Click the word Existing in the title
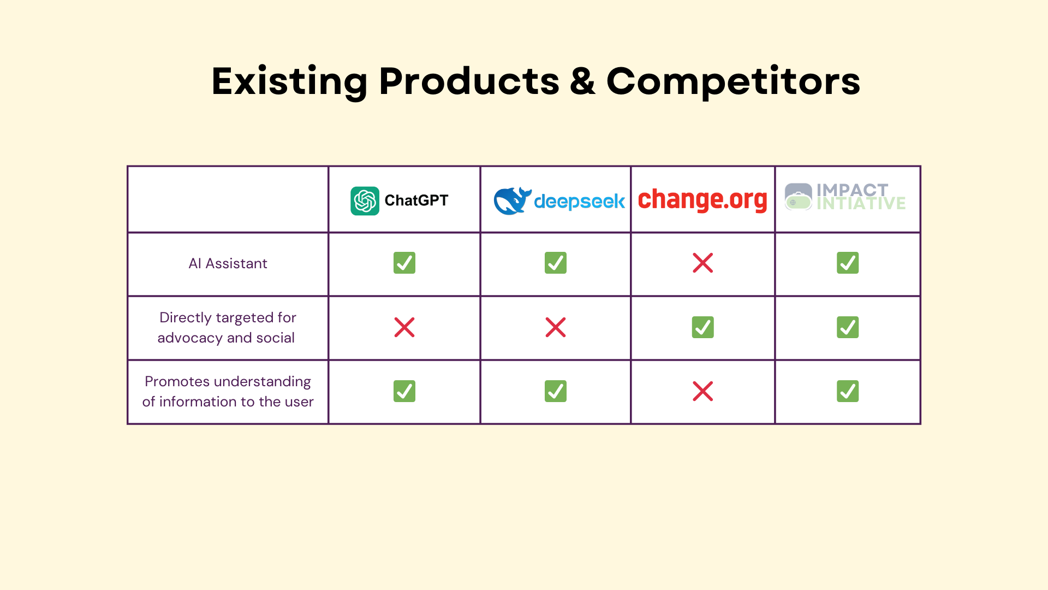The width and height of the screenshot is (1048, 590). pos(290,82)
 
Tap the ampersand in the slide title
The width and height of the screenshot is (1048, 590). pos(582,81)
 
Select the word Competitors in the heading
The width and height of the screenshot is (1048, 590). pos(733,81)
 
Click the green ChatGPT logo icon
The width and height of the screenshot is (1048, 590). pos(365,201)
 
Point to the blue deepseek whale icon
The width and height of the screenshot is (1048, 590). pos(512,201)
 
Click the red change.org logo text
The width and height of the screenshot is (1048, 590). pos(702,200)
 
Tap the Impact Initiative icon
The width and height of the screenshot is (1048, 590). pos(798,197)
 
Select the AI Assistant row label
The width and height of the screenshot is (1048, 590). pos(228,264)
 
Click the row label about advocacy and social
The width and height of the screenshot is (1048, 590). pos(227,328)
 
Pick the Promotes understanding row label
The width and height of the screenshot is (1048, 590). pos(228,392)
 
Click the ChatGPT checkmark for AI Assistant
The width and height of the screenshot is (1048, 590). pos(404,263)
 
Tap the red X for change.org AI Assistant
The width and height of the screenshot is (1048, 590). pos(702,263)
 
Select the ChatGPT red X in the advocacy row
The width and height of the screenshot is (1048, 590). pos(404,327)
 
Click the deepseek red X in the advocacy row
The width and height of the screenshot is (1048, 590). pos(556,327)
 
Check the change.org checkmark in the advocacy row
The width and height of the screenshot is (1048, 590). pos(702,327)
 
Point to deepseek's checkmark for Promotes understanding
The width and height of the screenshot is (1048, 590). pos(556,391)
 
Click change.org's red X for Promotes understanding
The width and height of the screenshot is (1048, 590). pos(702,391)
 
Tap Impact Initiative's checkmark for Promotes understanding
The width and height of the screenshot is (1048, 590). pos(848,391)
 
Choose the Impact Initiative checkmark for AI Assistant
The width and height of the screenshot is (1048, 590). pos(848,263)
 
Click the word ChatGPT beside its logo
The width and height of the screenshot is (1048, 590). pos(416,200)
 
